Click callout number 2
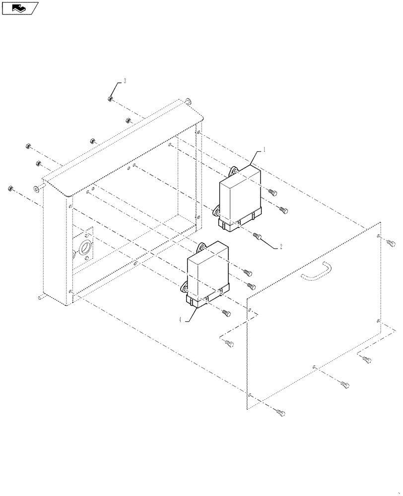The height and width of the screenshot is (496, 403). tap(281, 247)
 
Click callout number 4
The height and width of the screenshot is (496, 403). tap(181, 320)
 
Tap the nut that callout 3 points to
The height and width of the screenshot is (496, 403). tap(110, 99)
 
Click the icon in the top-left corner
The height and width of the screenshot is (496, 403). tap(20, 7)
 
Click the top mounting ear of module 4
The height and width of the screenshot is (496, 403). tap(202, 247)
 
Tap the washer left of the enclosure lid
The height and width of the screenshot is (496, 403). tap(37, 188)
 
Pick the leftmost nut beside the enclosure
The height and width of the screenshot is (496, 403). tap(10, 188)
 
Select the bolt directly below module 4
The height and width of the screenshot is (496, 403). tap(226, 312)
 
